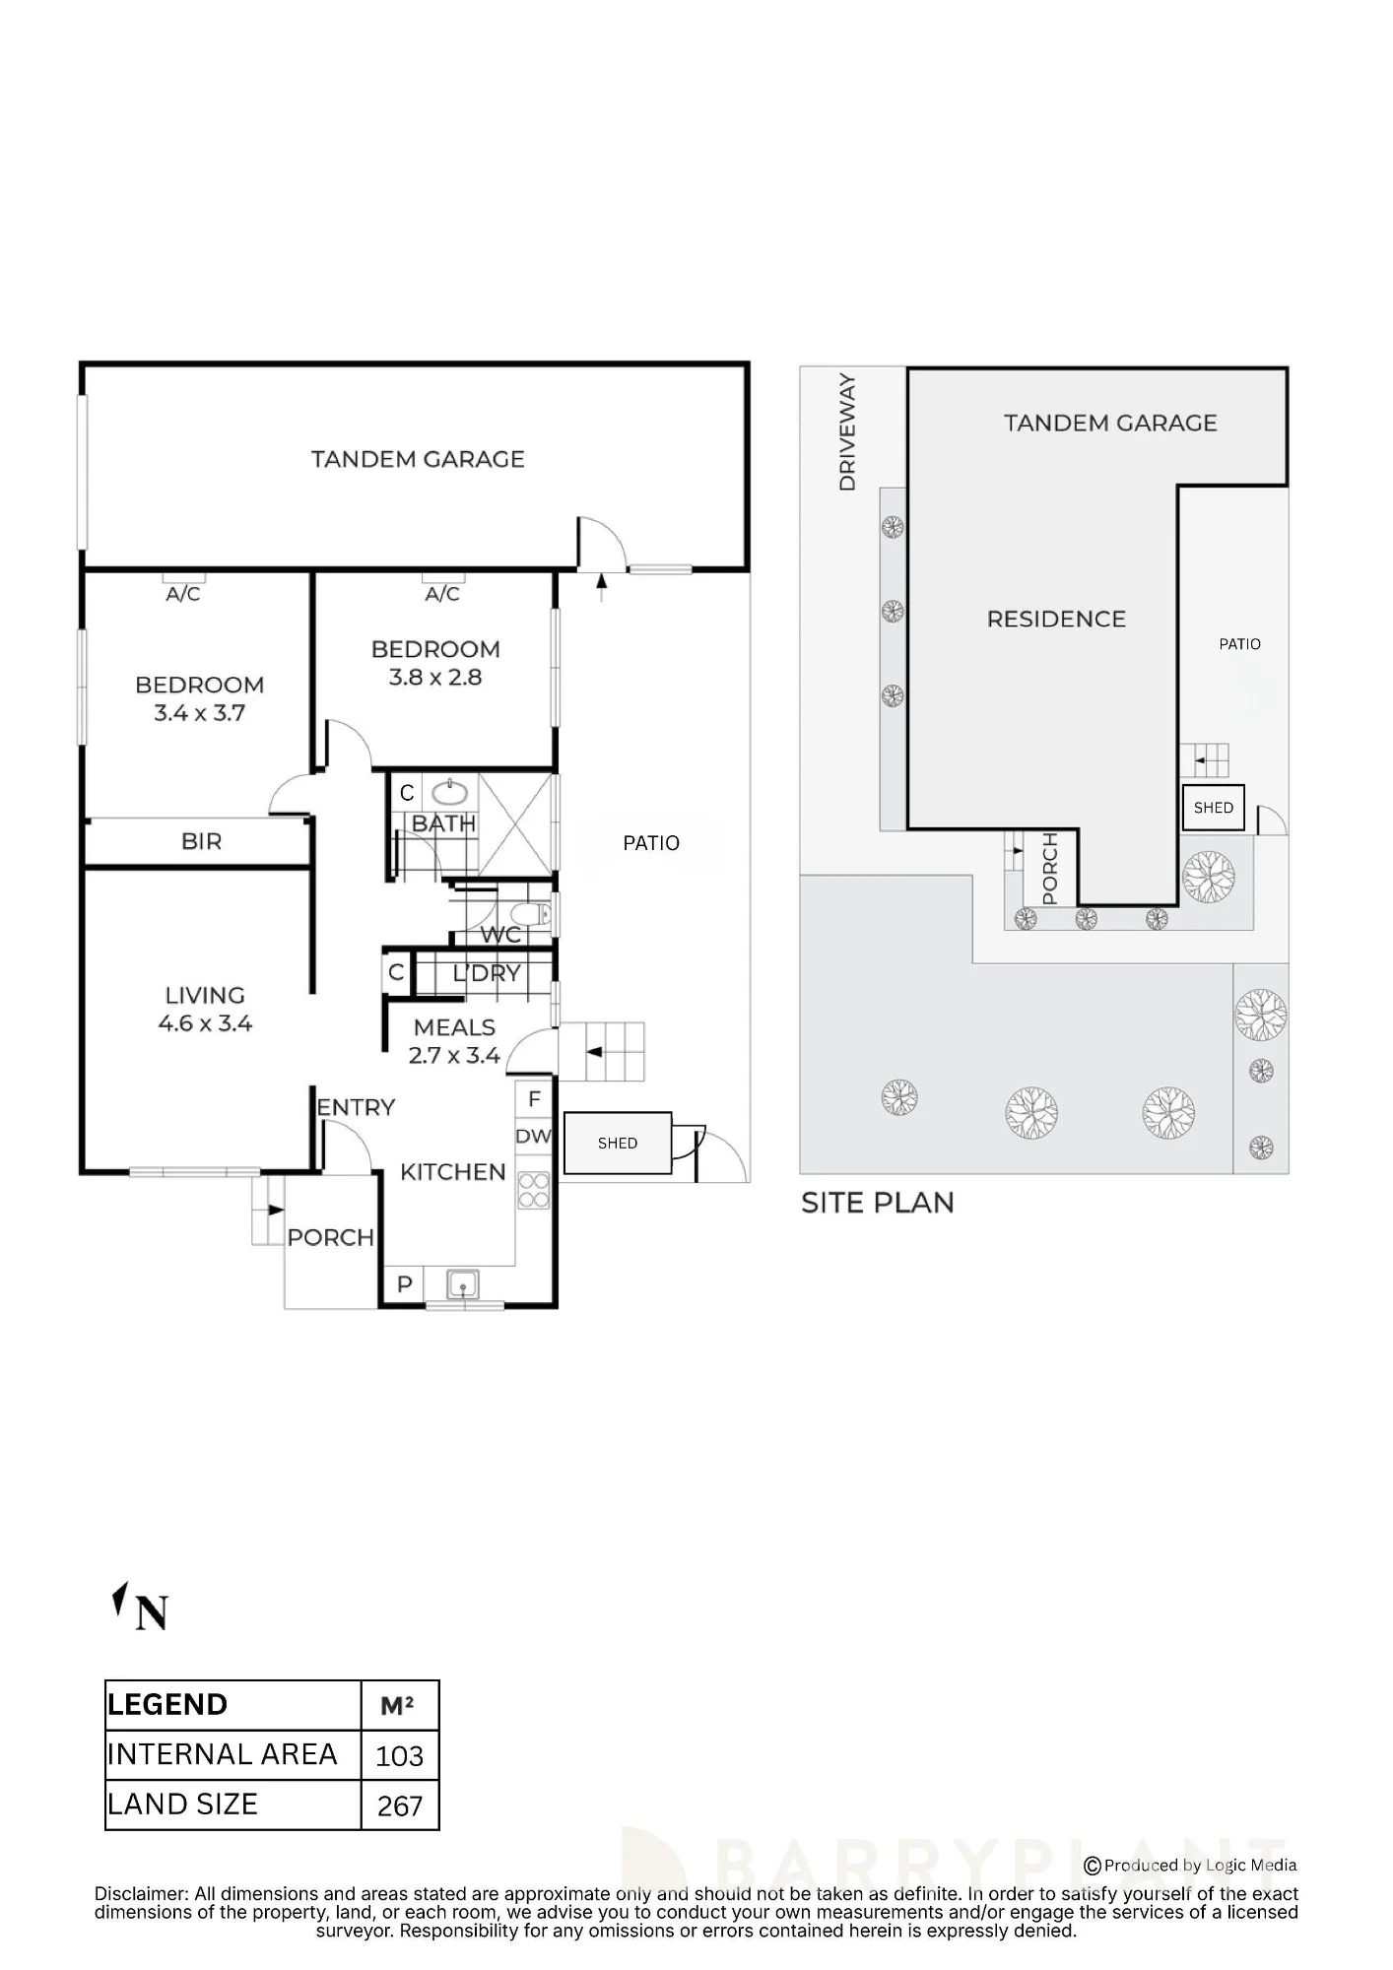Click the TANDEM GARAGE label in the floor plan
[418, 459]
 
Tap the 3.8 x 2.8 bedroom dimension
[435, 678]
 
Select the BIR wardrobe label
[202, 841]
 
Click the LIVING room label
[205, 995]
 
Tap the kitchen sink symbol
[463, 1284]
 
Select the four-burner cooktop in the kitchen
[534, 1190]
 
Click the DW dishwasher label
[533, 1136]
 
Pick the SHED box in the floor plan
[618, 1143]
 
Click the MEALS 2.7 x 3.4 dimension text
[455, 1056]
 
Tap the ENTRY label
[356, 1108]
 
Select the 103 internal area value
[399, 1756]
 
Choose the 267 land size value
[400, 1806]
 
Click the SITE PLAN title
[878, 1203]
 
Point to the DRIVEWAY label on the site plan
[847, 432]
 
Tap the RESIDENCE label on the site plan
[1056, 619]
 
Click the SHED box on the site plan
[1214, 808]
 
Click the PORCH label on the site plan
[1049, 869]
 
